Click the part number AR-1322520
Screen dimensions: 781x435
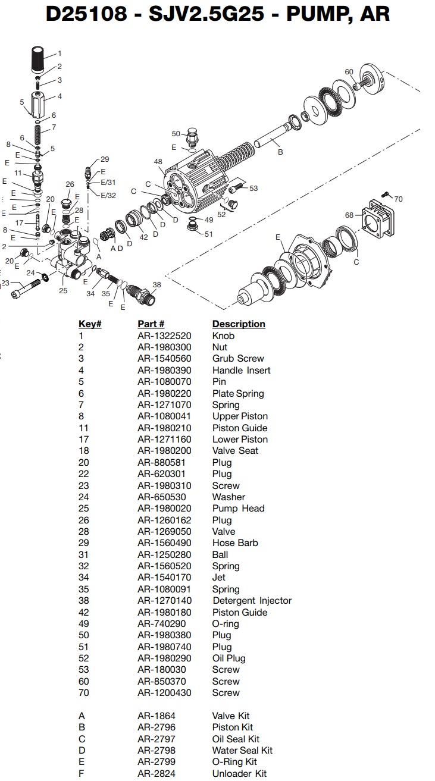pos(164,335)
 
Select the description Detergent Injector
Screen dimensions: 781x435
pos(252,601)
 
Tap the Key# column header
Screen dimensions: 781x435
pos(90,324)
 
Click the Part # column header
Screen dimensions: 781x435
pos(151,324)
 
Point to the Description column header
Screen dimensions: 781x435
pos(239,324)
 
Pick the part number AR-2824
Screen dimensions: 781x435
pos(157,773)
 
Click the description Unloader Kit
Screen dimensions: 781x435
pos(239,773)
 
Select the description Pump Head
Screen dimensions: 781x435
pos(238,509)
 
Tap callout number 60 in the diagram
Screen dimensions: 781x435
pos(349,72)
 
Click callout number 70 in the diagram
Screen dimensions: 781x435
pos(398,199)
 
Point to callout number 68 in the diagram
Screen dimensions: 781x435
pos(350,215)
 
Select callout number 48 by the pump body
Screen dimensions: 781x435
pos(158,162)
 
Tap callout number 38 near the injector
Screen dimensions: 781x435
pos(157,285)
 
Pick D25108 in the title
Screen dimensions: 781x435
pos(87,13)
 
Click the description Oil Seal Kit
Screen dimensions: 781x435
pos(236,739)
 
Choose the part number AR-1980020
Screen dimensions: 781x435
pos(164,509)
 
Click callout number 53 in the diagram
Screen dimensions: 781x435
pos(254,189)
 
